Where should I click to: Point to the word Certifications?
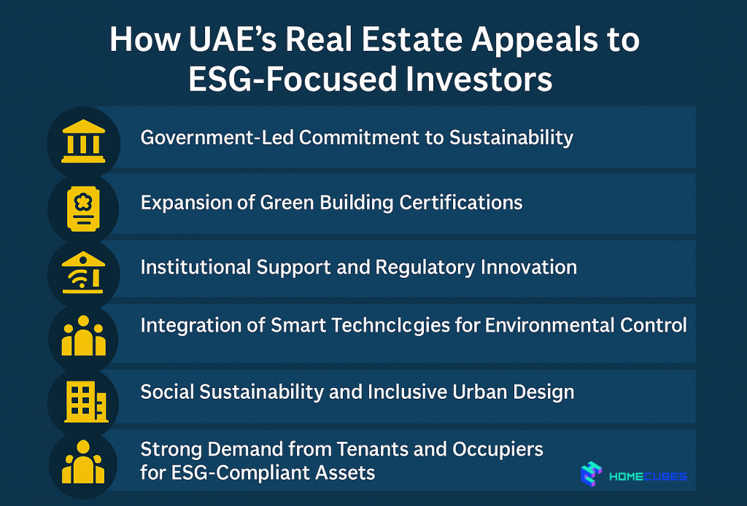(x=461, y=202)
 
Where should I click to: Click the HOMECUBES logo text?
(x=648, y=478)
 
